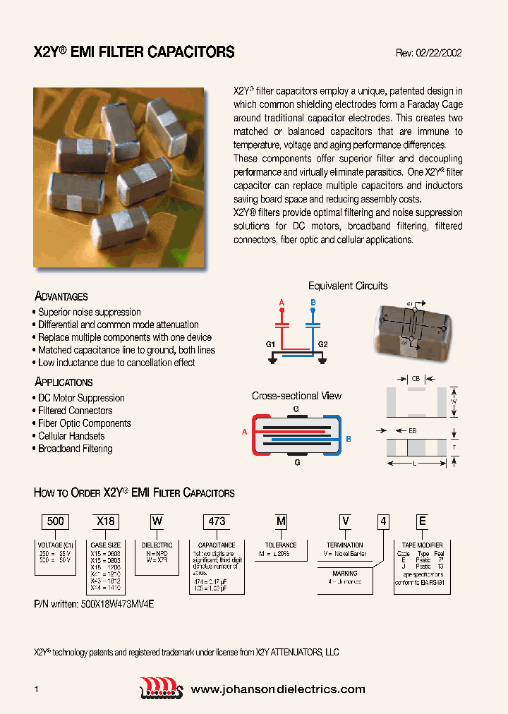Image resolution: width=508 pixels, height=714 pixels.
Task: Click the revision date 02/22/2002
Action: click(438, 53)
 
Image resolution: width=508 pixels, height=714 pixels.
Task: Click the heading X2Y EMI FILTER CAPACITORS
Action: click(134, 52)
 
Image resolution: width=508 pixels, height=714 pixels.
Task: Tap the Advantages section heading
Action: click(61, 296)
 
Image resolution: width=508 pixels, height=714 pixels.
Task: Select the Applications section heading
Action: click(64, 382)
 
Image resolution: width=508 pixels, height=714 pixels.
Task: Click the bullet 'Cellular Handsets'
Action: click(71, 436)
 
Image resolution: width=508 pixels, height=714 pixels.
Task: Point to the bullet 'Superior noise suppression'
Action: click(90, 312)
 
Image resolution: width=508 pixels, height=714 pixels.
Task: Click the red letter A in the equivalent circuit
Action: click(282, 303)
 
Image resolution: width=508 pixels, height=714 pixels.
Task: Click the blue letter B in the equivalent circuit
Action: click(313, 303)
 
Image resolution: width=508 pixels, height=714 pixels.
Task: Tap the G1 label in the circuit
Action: click(270, 344)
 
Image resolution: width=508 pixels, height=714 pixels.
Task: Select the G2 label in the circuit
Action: click(323, 344)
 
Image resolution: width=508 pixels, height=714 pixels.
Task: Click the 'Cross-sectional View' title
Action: click(296, 396)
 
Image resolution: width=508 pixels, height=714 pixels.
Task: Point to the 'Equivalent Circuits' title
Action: click(348, 286)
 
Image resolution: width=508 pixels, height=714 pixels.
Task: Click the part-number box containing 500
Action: click(55, 521)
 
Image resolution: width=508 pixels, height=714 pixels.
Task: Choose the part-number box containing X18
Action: click(105, 521)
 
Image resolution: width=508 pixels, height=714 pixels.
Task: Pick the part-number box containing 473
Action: click(217, 521)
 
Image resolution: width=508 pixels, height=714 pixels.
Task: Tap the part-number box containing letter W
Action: click(157, 521)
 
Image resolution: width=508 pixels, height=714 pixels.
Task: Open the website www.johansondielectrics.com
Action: click(278, 689)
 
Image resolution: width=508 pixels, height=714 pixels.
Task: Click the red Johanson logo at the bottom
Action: click(162, 688)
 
